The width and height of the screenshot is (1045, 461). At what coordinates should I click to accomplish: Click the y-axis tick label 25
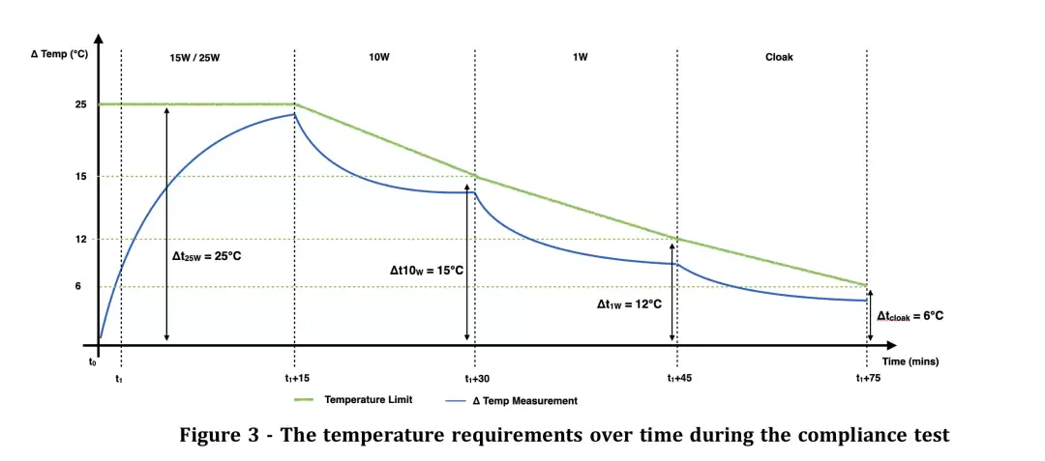81,104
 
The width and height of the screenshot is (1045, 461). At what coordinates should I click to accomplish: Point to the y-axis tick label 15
81,177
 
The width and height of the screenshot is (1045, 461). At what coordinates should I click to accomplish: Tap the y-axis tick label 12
81,239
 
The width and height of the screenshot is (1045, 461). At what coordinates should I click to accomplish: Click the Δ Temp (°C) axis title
60,54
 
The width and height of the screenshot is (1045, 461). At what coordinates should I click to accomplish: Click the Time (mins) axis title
910,360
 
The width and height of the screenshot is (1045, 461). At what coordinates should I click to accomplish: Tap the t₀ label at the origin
93,361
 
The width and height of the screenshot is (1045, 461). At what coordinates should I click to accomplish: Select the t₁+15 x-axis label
297,379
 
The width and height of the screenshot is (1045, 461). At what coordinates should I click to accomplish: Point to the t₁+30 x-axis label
476,379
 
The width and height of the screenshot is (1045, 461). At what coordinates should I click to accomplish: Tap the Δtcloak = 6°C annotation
910,315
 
